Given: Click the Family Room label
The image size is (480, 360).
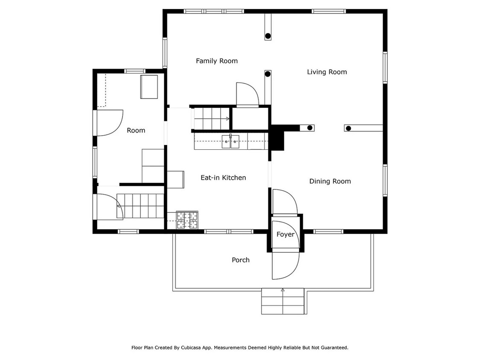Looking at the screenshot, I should [x=216, y=61].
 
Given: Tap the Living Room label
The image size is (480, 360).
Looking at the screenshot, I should [x=327, y=72].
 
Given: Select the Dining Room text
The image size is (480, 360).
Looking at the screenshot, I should [x=330, y=181].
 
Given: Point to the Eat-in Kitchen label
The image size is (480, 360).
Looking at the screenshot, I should [x=223, y=177].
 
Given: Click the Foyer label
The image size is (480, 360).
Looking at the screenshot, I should [x=285, y=234].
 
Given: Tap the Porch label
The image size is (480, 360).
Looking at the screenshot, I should [x=241, y=260].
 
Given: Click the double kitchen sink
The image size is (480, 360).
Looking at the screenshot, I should [x=231, y=141].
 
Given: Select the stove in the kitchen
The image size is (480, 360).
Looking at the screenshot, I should [x=188, y=221].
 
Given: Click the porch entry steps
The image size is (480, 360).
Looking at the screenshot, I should [x=282, y=301].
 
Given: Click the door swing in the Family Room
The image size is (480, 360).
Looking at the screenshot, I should [x=247, y=94].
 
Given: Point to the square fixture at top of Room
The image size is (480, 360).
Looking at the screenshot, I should [x=149, y=87].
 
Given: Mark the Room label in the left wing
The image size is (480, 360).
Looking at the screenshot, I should [x=136, y=131].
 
